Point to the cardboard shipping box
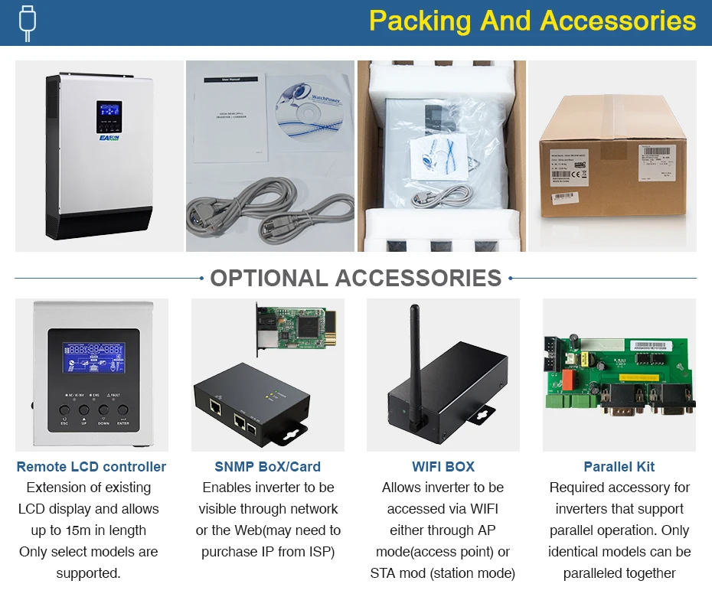[612, 165]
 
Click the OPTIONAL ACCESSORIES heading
[355, 278]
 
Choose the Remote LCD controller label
[91, 467]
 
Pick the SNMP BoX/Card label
[267, 467]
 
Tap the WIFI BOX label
[443, 467]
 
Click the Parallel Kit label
[619, 467]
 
